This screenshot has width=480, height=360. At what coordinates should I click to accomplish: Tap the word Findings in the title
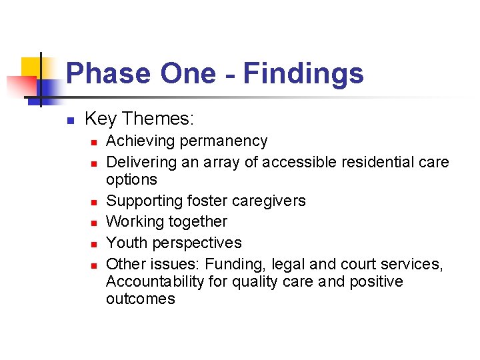click(x=303, y=73)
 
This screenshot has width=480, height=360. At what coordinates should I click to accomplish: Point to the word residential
click(x=377, y=162)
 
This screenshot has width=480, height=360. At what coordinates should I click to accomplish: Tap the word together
click(x=196, y=221)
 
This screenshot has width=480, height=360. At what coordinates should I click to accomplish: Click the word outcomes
click(x=140, y=299)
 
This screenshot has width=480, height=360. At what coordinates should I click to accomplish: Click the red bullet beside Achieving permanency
click(x=95, y=142)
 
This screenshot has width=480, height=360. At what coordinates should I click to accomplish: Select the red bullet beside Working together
click(x=95, y=223)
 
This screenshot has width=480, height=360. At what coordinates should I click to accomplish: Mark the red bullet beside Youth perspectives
click(x=95, y=244)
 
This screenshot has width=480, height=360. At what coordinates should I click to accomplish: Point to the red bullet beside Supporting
click(x=95, y=202)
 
